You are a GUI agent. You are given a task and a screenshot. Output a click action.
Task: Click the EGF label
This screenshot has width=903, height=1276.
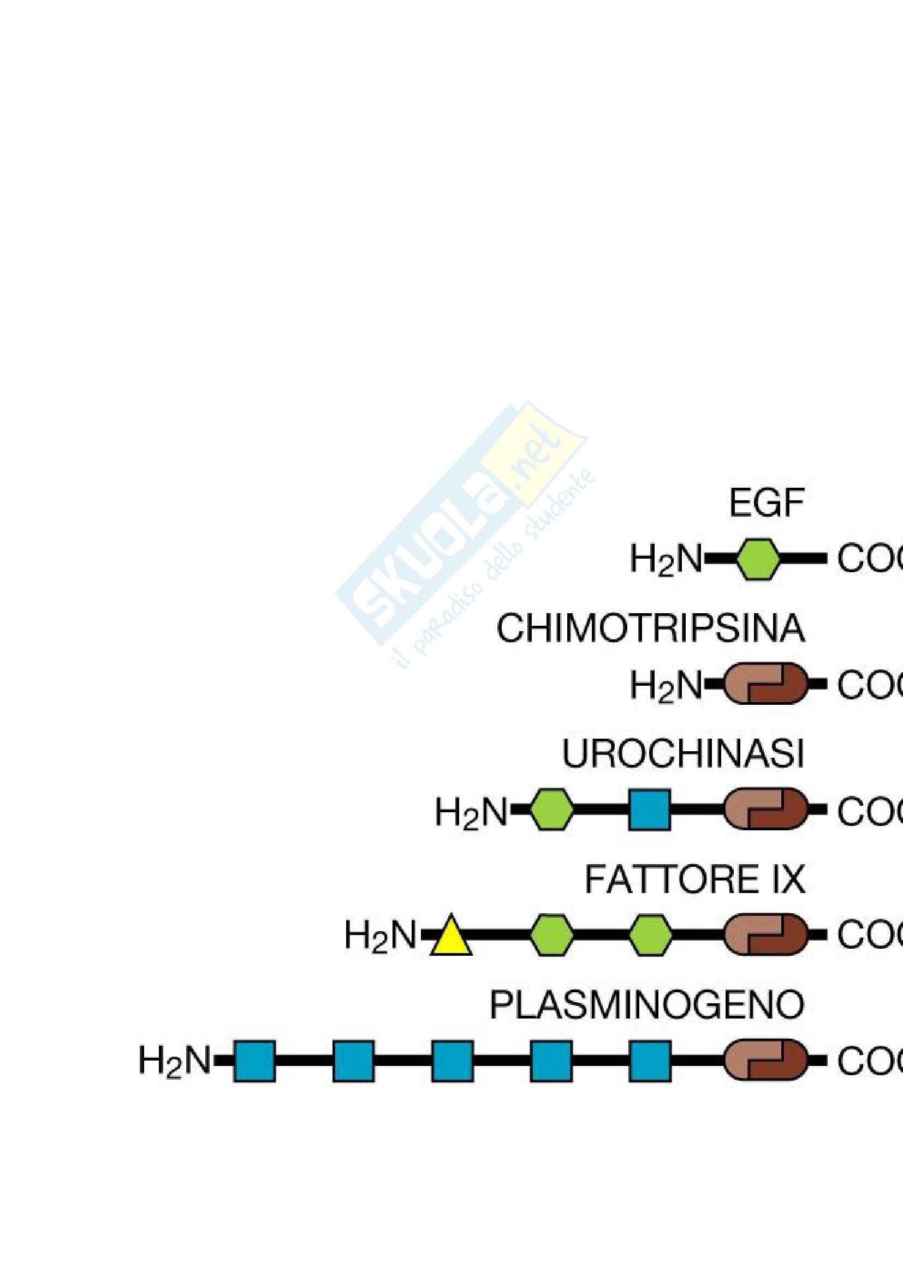[x=766, y=504]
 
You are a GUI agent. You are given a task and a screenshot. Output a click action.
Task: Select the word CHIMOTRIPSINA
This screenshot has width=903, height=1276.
[x=650, y=629]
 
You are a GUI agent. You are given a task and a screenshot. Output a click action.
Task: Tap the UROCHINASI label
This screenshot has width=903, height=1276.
[x=683, y=754]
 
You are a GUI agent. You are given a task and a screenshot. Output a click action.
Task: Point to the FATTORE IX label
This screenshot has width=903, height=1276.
[x=694, y=880]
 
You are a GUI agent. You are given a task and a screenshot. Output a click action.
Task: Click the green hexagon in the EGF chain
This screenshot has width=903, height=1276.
[x=758, y=560]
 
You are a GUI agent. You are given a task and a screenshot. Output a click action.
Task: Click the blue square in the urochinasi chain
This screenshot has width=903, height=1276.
[x=649, y=810]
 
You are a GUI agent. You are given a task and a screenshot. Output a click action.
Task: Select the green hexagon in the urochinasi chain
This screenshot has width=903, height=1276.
[x=550, y=810]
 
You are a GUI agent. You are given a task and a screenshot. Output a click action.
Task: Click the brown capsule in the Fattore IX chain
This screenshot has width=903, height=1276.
[x=765, y=936]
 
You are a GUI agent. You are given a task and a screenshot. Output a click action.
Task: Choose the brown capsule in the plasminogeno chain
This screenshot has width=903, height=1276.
[x=765, y=1061]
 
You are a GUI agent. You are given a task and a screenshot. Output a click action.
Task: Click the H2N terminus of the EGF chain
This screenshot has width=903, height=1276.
[x=666, y=560]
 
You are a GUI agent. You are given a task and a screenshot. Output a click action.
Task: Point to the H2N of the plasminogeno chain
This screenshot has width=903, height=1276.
[x=175, y=1061]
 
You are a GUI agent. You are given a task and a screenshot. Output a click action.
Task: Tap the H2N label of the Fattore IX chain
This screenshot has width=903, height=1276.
[x=381, y=936]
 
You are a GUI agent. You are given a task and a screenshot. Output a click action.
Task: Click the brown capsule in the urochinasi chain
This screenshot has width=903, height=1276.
[x=765, y=809]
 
